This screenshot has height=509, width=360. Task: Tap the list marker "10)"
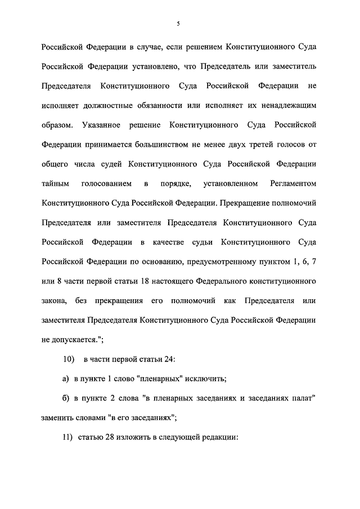68,359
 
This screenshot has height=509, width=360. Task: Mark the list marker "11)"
68,438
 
